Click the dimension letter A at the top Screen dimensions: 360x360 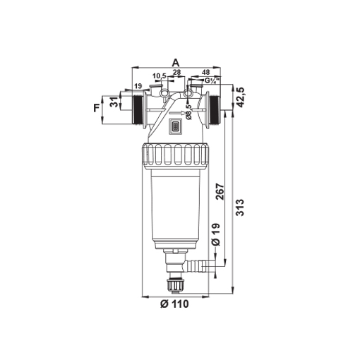[176, 63]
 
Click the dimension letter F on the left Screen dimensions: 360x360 [97, 108]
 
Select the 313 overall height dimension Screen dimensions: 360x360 [240, 208]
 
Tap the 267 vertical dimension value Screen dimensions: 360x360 [220, 192]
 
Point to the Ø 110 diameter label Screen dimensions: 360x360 [174, 304]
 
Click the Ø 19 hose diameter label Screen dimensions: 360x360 [216, 234]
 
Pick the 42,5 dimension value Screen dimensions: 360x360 [241, 97]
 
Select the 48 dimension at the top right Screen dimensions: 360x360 [206, 72]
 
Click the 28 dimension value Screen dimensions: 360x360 [176, 72]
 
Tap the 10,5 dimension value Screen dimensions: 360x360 [160, 76]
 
